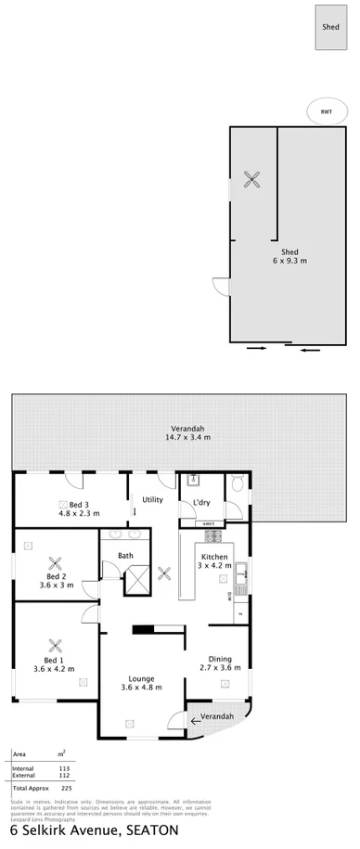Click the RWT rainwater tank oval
[326, 112]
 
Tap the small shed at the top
[330, 28]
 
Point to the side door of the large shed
[219, 287]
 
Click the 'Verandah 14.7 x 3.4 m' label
[186, 432]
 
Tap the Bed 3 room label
[79, 508]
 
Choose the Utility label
[152, 499]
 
